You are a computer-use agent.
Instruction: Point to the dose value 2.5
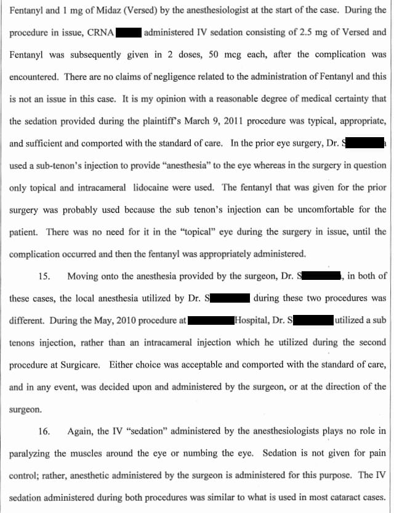tap(278, 32)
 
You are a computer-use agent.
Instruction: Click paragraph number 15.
tap(44, 276)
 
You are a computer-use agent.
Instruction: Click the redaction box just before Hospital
tap(211, 320)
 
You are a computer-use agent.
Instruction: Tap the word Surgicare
tap(79, 365)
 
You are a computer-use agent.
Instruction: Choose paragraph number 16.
tap(44, 431)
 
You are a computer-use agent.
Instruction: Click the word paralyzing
tap(30, 453)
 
